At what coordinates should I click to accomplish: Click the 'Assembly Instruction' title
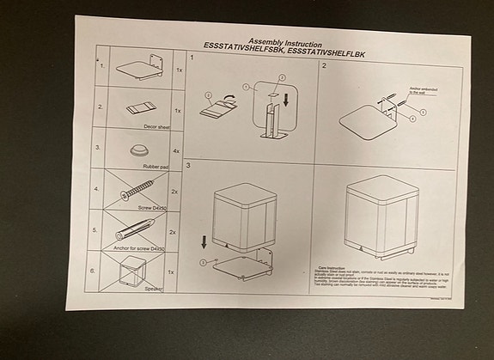(285, 41)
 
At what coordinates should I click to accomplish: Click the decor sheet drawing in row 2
(140, 110)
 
